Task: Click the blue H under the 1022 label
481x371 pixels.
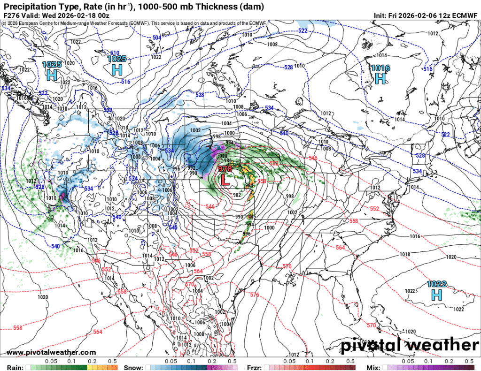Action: (x=437, y=295)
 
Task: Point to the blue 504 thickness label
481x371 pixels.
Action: (x=156, y=37)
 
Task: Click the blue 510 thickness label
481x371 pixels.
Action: (x=115, y=53)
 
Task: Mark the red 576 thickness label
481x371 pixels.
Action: (x=254, y=295)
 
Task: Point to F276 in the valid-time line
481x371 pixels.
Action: (x=11, y=15)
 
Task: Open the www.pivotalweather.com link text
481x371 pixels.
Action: (x=52, y=352)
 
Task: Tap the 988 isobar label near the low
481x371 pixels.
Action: (x=223, y=156)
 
